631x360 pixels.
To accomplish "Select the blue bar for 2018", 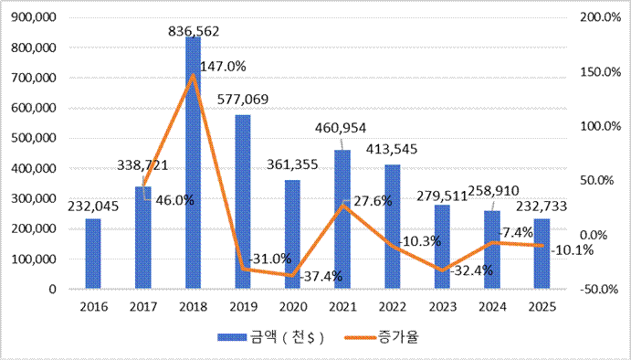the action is (x=194, y=163).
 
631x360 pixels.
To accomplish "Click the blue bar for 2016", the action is (x=93, y=253).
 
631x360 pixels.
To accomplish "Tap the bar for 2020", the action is (x=292, y=234).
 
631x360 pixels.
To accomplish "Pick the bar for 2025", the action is (x=542, y=253).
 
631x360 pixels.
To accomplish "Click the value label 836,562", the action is (x=194, y=31).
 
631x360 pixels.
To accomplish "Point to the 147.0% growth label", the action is (x=223, y=67).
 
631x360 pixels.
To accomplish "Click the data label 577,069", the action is (x=243, y=99).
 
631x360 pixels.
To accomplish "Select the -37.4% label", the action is (x=321, y=277).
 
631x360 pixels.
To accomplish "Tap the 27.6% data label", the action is (x=373, y=201).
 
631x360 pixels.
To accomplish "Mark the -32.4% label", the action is (x=471, y=270).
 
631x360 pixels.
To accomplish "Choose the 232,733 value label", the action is (x=542, y=206).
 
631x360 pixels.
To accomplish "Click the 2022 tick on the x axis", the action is (x=393, y=307).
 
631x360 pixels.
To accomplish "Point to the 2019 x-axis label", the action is (x=243, y=307).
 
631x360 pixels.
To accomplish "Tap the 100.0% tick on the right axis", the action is (x=595, y=126).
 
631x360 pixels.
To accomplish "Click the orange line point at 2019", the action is (x=243, y=269).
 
